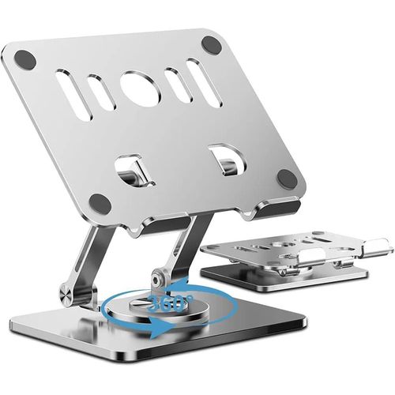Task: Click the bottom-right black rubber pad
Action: pyautogui.click(x=288, y=179)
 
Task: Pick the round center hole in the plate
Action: pyautogui.click(x=141, y=88)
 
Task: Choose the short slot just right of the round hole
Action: pyautogui.click(x=175, y=85)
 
